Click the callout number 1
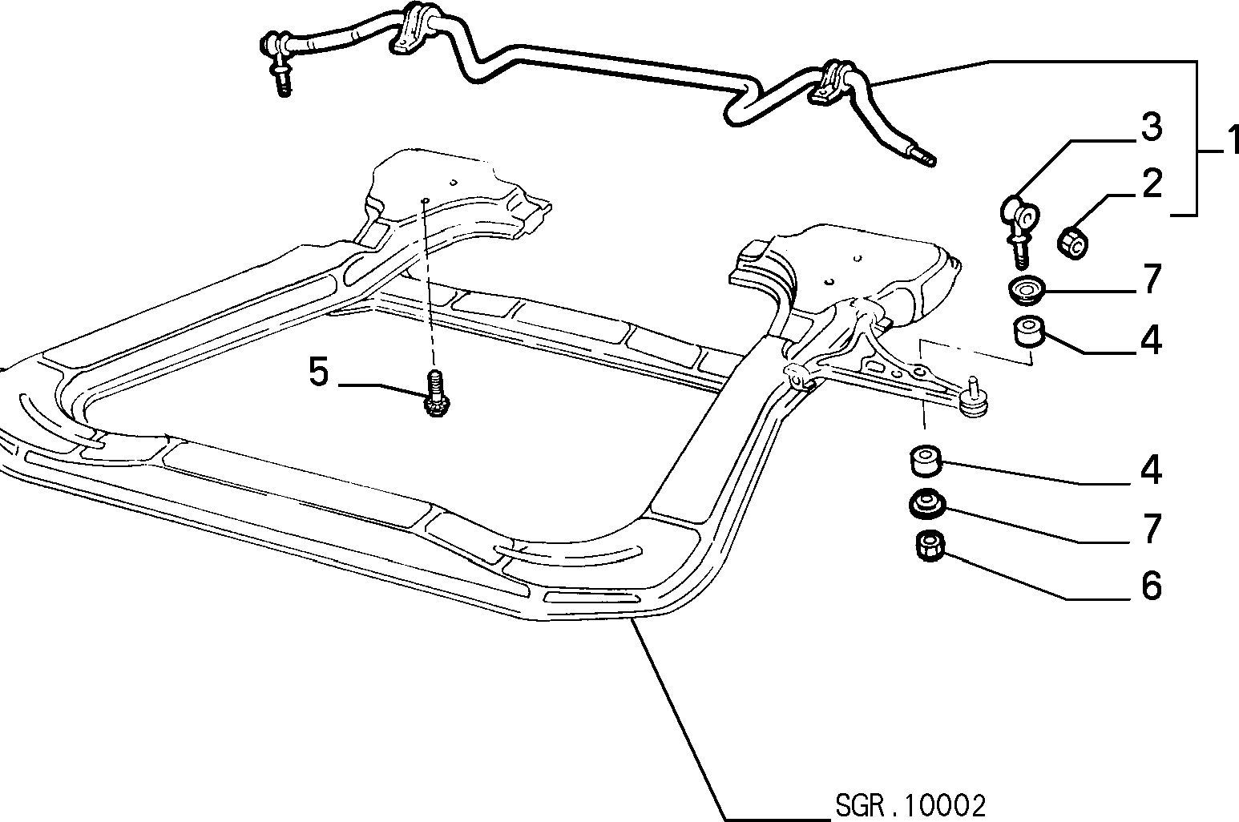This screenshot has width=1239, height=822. (1230, 140)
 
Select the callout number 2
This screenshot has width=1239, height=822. (1152, 183)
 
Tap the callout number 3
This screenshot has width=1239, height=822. (1152, 127)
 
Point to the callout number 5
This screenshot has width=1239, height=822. (319, 372)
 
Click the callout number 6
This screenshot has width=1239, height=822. (1152, 586)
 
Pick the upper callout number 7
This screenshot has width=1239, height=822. (1152, 279)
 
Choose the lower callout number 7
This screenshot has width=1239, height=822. (1152, 529)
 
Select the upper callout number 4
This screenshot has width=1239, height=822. (1152, 340)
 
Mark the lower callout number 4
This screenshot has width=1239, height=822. (1152, 469)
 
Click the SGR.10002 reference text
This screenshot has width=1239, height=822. (910, 807)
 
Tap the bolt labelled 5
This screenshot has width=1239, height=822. (437, 393)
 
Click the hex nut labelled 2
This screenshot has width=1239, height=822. (1073, 243)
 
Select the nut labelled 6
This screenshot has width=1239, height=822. (930, 546)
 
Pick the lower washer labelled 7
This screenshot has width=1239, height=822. (927, 503)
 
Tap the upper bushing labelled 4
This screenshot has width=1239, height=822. (1028, 331)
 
